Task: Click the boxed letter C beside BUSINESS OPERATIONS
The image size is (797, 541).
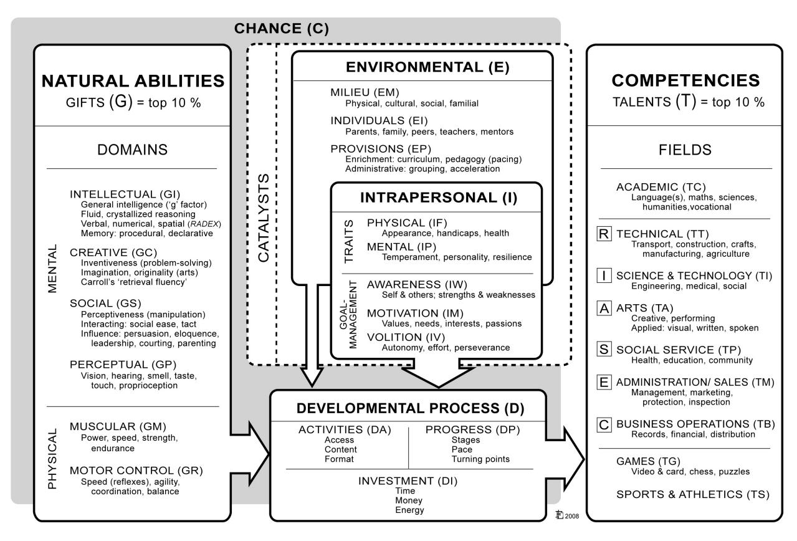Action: (603, 424)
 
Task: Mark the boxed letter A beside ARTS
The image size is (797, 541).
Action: (603, 309)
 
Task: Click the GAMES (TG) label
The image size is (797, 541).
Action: (646, 461)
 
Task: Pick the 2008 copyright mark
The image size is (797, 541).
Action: (567, 515)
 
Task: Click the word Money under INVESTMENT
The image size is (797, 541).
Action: (409, 500)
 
